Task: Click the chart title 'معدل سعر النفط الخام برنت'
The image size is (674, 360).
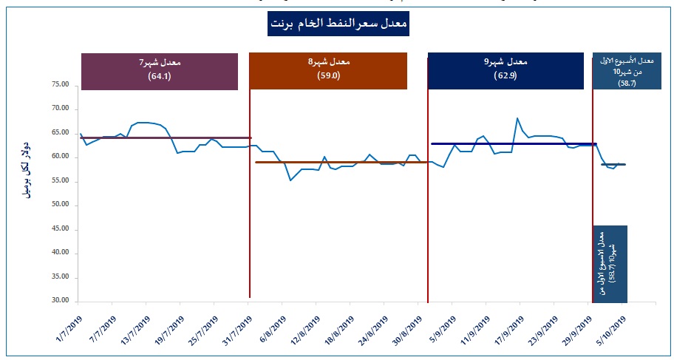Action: pos(337,24)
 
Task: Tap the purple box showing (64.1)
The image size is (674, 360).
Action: pos(159,71)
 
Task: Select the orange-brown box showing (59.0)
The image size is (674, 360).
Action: pos(328,71)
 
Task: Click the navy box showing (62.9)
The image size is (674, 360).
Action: pos(502,71)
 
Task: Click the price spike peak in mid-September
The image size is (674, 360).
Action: pos(517,118)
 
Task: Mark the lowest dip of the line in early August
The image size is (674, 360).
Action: pos(290,180)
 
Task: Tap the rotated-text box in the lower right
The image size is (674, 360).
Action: pos(610,263)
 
